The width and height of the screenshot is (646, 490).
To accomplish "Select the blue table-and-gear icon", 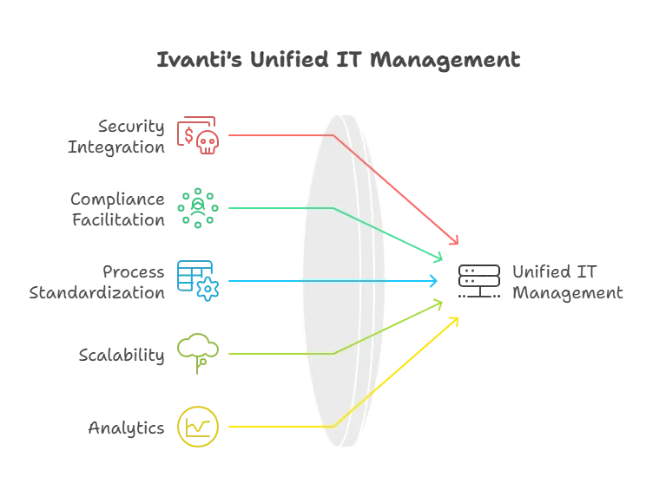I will point(198,279).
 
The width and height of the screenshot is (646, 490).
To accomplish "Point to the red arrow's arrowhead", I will point(453,242).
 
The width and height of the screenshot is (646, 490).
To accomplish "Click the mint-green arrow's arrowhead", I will point(438,258).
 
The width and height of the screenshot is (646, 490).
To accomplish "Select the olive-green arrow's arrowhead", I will point(438,304).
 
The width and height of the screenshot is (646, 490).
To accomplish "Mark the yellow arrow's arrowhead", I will point(453,321).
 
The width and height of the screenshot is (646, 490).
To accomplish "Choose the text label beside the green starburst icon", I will point(117,209).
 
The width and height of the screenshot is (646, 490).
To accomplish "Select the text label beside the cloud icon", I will point(122,356).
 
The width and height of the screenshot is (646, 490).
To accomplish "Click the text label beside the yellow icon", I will point(125,428).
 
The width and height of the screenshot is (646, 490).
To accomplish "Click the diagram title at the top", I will point(336,62).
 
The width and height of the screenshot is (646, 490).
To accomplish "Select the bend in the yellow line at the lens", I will point(333,426).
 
